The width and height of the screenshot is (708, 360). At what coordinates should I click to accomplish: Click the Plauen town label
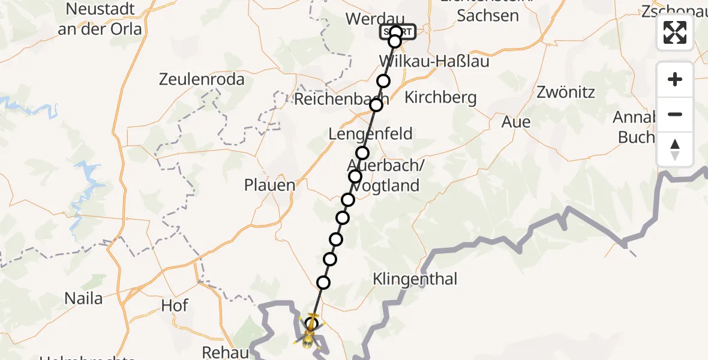pyautogui.click(x=269, y=185)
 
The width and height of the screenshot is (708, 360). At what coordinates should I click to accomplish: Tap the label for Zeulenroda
pyautogui.click(x=202, y=79)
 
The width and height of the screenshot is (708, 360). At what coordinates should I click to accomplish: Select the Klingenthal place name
pyautogui.click(x=415, y=278)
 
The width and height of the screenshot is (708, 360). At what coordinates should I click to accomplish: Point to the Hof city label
pyautogui.click(x=175, y=306)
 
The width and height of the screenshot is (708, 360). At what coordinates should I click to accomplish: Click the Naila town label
pyautogui.click(x=83, y=298)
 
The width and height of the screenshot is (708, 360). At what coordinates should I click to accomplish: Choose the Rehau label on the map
pyautogui.click(x=226, y=352)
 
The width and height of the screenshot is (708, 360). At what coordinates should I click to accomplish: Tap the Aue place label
pyautogui.click(x=516, y=122)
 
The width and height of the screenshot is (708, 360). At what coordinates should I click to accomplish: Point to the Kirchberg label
pyautogui.click(x=440, y=97)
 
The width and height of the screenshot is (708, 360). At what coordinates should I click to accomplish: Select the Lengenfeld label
pyautogui.click(x=370, y=134)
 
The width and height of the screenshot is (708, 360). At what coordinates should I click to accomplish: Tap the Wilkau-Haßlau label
pyautogui.click(x=434, y=61)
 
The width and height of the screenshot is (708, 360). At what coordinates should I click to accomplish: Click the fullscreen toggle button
pyautogui.click(x=675, y=32)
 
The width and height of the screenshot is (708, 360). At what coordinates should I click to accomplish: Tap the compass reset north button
pyautogui.click(x=675, y=150)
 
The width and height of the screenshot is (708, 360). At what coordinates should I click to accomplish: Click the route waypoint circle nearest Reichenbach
pyautogui.click(x=376, y=105)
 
